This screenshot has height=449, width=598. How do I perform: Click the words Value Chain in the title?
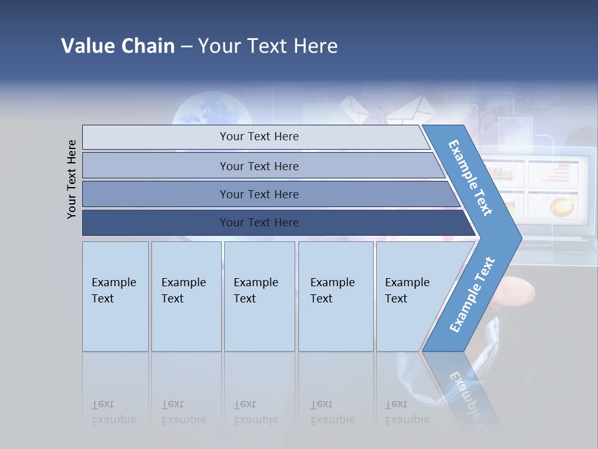(x=118, y=46)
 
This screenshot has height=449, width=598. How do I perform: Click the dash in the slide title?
(x=186, y=47)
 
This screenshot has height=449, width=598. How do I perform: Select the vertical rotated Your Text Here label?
(x=72, y=179)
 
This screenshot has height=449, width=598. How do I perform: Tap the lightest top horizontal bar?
(x=259, y=137)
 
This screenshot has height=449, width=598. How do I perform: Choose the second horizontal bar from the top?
(x=259, y=166)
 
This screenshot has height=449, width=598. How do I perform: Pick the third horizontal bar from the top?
(x=259, y=194)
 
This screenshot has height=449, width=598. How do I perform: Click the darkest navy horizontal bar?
(x=259, y=223)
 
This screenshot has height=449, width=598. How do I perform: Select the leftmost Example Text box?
(x=115, y=296)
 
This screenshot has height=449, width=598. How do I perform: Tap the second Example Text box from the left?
(x=186, y=296)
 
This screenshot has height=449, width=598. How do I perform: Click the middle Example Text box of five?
(x=259, y=296)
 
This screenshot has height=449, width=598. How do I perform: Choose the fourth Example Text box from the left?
(x=336, y=296)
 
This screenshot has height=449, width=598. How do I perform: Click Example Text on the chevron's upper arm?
(x=470, y=178)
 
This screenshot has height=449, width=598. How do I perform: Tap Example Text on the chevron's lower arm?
(x=472, y=295)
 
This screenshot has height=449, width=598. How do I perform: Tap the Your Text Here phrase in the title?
(x=268, y=46)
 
